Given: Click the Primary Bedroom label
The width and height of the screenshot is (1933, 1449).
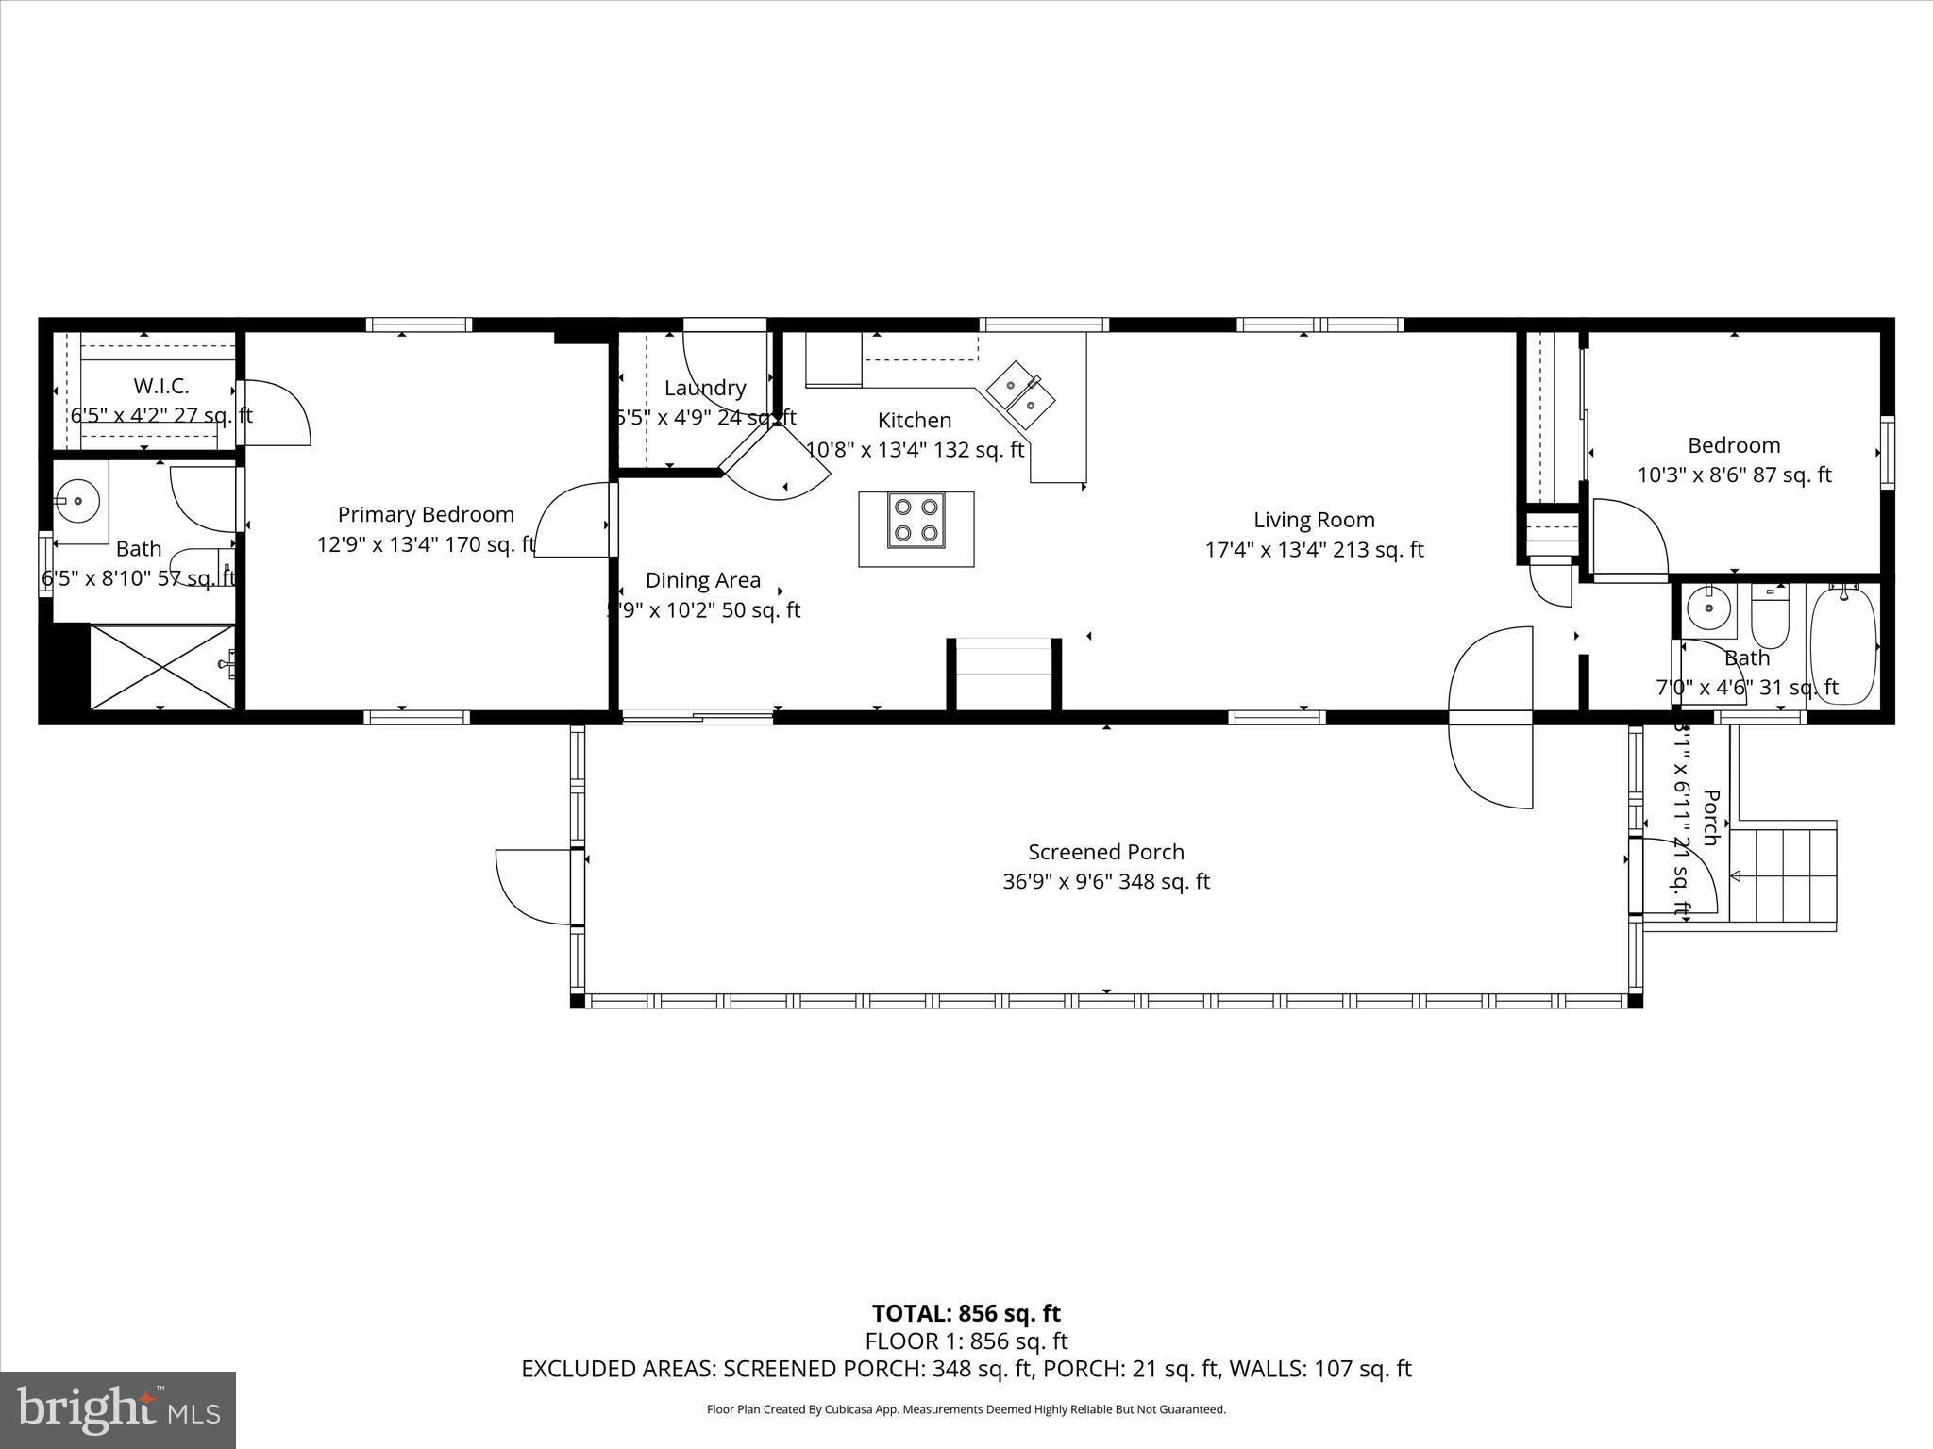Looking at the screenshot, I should pos(426,515).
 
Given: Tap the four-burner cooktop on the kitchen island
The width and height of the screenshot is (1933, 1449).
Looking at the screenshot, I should pos(916,521).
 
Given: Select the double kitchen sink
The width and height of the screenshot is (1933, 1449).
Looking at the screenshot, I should pos(1021,394).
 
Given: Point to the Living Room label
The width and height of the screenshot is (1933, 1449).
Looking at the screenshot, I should pos(1314,520).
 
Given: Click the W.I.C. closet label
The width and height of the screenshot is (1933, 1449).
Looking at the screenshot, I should pos(161,386).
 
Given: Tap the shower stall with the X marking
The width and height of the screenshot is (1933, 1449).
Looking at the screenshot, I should pos(162,666).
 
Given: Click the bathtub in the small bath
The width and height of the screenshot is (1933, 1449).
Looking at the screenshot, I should pos(1842,645).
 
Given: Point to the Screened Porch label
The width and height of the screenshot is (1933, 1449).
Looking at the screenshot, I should pos(1105,852).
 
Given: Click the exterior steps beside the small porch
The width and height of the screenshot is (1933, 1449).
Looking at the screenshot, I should pos(1784,875).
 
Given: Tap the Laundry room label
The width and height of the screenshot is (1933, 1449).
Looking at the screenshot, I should pos(705,388).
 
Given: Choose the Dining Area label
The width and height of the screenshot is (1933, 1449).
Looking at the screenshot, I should pos(703,580).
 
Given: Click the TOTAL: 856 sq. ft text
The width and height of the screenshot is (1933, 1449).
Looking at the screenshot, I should pos(966,1313).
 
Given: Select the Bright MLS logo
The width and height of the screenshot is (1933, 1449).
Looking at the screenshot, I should pos(118,1409).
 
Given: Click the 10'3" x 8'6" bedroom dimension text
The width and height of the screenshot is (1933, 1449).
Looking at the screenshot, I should pos(1733,475).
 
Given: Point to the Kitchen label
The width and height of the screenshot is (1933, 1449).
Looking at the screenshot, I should pos(914,420).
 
